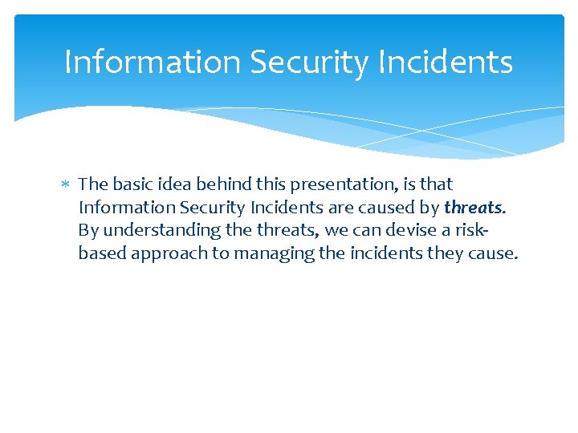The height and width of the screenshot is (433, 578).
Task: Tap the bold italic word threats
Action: [474, 208]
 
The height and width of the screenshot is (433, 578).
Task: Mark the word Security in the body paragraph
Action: [211, 208]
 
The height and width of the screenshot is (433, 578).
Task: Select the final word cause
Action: [494, 254]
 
